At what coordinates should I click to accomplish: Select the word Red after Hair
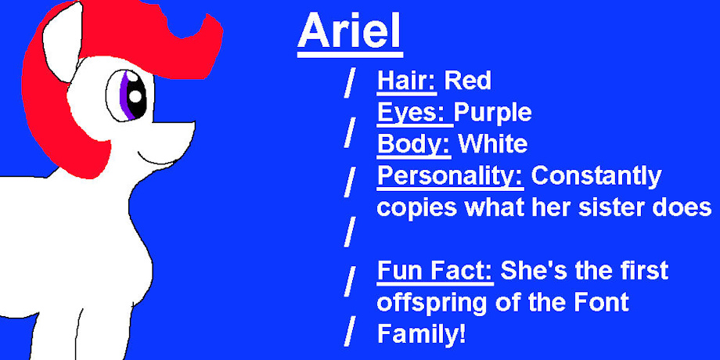tap(467, 81)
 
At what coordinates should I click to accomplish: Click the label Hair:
tap(407, 81)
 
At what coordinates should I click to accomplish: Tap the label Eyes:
tap(415, 113)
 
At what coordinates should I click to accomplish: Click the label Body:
tap(414, 144)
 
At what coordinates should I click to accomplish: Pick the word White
tap(494, 144)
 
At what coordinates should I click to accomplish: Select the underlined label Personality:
tap(451, 176)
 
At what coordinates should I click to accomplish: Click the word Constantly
tap(596, 176)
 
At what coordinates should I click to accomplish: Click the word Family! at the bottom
tap(422, 334)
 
